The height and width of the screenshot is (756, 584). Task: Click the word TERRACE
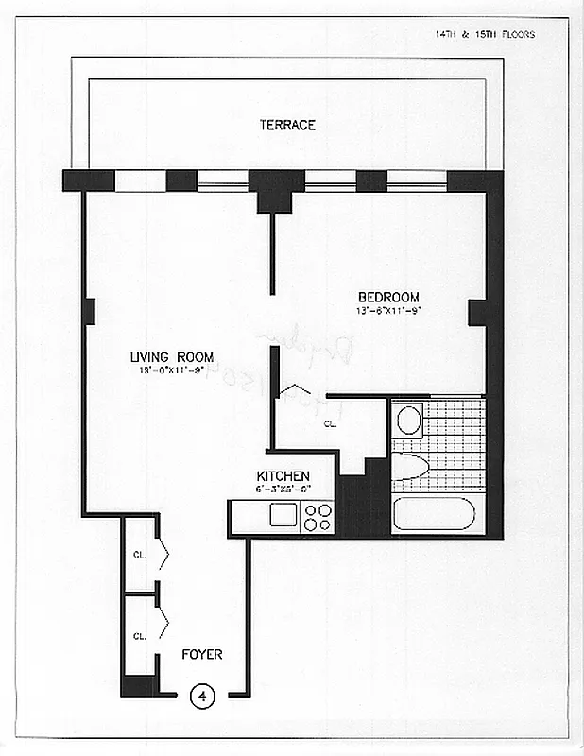point(287,125)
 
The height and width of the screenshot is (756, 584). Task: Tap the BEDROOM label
point(388,298)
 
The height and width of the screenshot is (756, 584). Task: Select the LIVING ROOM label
point(172,356)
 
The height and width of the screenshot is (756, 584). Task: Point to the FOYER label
point(202,654)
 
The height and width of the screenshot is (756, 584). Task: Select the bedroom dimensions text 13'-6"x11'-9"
point(387,311)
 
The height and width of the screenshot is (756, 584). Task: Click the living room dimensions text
point(170,369)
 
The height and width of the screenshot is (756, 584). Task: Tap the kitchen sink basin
point(283,515)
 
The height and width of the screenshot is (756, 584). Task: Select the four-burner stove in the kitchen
point(318,516)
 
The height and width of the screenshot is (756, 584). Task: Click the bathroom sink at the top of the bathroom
point(409,419)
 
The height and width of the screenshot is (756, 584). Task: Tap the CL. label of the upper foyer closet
point(138,555)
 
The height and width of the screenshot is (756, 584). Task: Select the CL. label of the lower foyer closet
point(138,635)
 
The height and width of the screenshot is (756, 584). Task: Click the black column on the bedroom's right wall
point(478,312)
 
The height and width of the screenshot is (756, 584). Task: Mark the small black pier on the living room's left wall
point(89,311)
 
